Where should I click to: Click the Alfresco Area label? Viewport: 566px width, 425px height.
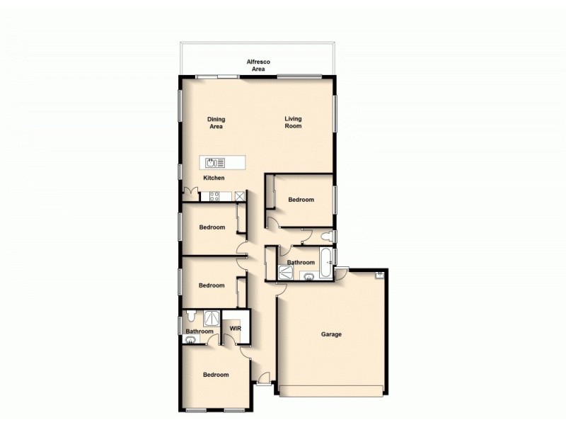tap(258, 65)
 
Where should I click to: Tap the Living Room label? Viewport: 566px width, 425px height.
tap(293, 123)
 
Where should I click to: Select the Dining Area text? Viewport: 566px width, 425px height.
tap(216, 123)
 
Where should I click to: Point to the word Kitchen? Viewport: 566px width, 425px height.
tap(214, 178)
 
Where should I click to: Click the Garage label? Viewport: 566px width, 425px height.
tap(331, 334)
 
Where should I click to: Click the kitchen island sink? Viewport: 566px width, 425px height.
tap(211, 163)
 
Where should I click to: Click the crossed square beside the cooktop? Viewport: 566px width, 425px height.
tap(240, 196)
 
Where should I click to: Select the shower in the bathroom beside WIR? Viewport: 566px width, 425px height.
tap(211, 317)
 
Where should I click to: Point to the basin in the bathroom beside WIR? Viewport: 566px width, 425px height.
tap(189, 340)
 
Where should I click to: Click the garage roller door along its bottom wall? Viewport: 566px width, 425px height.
tap(333, 390)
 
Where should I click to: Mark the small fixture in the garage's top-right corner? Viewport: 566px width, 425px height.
tap(380, 274)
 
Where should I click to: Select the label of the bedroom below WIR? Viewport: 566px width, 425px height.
tap(216, 375)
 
